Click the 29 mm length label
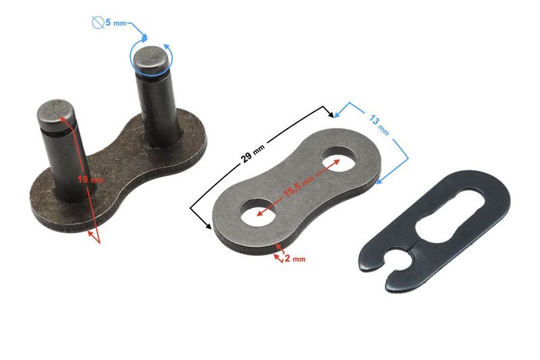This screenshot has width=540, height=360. [x=252, y=153]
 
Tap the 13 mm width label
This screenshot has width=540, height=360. [x=379, y=126]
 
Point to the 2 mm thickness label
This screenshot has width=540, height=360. [x=295, y=259]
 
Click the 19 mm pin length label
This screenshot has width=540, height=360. [x=90, y=180]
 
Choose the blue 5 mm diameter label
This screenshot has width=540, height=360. [x=115, y=23]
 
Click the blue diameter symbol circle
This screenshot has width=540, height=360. [x=98, y=22]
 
